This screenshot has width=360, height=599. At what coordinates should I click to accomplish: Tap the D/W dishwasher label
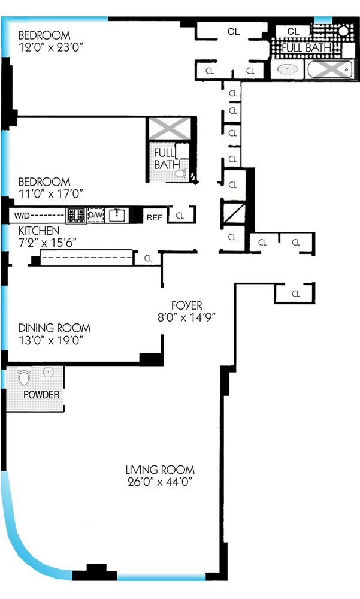95,215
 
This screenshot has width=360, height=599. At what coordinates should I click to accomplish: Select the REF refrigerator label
155,217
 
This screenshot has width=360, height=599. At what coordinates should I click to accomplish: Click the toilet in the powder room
24,377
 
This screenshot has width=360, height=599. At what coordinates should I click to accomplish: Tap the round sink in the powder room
48,372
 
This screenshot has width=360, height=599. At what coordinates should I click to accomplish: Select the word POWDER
41,395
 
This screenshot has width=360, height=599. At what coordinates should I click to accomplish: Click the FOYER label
183,304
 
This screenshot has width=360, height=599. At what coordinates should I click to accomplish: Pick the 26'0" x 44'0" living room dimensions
160,482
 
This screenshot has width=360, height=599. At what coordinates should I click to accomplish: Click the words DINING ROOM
55,328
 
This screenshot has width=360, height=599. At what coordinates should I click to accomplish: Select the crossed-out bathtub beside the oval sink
328,69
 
